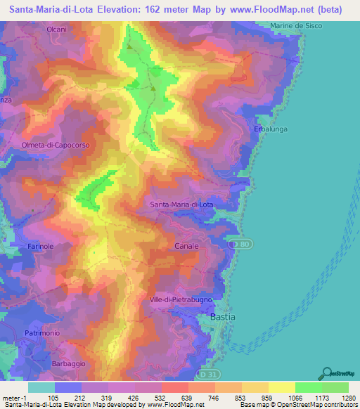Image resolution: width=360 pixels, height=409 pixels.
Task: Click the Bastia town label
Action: (223, 317)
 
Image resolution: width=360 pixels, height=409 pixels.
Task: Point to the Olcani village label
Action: (56, 30)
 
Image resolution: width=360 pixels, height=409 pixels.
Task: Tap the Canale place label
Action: (186, 247)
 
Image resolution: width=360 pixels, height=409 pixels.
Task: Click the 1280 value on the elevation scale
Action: (347, 397)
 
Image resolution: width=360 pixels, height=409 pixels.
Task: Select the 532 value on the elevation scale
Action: (161, 397)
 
